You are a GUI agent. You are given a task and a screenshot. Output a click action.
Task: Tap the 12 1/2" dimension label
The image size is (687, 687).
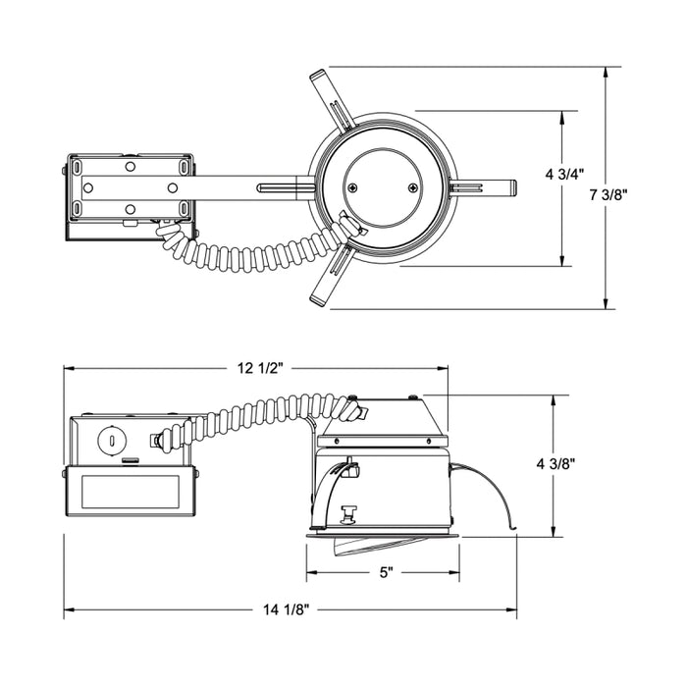click(x=257, y=368)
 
